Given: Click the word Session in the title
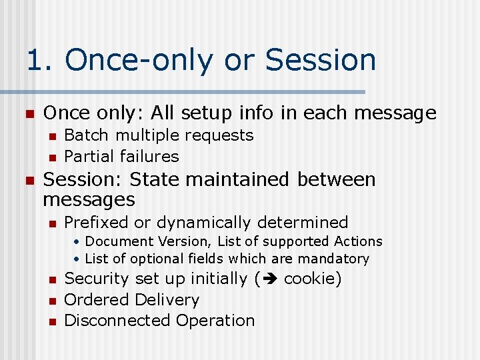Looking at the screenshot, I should click(x=320, y=59).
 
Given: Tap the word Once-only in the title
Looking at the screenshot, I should click(x=139, y=59).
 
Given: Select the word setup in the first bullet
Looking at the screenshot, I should click(x=194, y=113).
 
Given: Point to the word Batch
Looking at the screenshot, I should click(x=87, y=135).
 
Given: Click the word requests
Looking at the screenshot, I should click(x=219, y=135).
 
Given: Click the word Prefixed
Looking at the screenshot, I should click(x=97, y=222).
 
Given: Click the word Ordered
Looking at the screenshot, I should click(x=97, y=300).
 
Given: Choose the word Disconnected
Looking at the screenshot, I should click(x=117, y=321).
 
